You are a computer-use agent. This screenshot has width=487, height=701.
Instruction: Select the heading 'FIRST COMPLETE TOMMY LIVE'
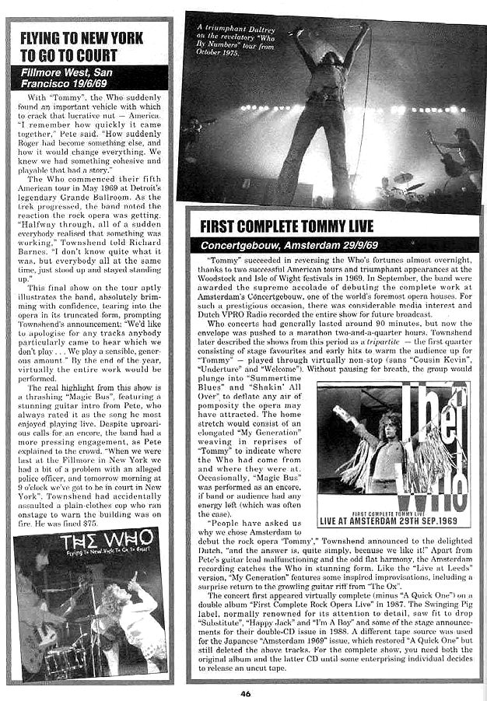click(287, 226)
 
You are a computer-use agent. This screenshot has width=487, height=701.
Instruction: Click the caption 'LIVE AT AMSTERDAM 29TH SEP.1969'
click(394, 520)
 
